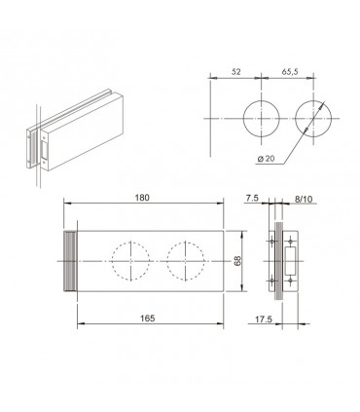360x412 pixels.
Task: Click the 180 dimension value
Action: click(x=143, y=198)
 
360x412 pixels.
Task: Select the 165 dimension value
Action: click(x=148, y=318)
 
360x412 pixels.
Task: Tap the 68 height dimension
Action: click(x=237, y=261)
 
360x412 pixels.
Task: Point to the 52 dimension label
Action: click(x=236, y=72)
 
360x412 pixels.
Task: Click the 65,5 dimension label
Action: click(x=290, y=72)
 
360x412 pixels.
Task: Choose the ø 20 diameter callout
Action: click(x=266, y=159)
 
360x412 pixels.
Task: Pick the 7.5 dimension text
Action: click(x=252, y=198)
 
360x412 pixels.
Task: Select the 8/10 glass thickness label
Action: click(x=304, y=200)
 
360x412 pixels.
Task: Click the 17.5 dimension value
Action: click(x=264, y=319)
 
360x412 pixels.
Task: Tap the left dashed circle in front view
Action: click(x=112, y=261)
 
